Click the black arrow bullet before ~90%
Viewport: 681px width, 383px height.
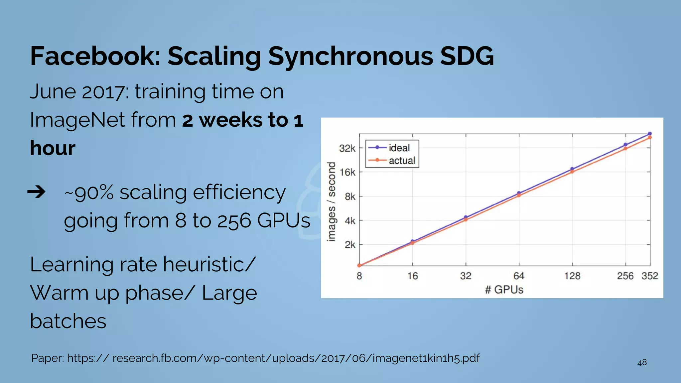click(36, 192)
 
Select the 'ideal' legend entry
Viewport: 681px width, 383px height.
click(399, 148)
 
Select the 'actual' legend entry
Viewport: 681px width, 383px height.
click(402, 161)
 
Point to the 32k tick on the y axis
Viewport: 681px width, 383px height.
click(347, 148)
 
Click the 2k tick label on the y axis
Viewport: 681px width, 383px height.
click(350, 245)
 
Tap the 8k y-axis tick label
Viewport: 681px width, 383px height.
click(350, 196)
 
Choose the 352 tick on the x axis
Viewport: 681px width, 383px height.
click(650, 276)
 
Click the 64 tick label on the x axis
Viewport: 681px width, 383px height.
click(519, 276)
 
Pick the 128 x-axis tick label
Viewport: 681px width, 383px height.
click(572, 276)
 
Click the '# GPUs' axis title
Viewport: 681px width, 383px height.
click(504, 290)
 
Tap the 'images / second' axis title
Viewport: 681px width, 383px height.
click(331, 201)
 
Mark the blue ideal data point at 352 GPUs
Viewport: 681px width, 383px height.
click(650, 134)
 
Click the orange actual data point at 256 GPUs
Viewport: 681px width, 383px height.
click(625, 149)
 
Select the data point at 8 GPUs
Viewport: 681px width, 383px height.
click(359, 265)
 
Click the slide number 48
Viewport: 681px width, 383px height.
click(642, 362)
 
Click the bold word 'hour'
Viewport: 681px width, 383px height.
click(53, 148)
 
